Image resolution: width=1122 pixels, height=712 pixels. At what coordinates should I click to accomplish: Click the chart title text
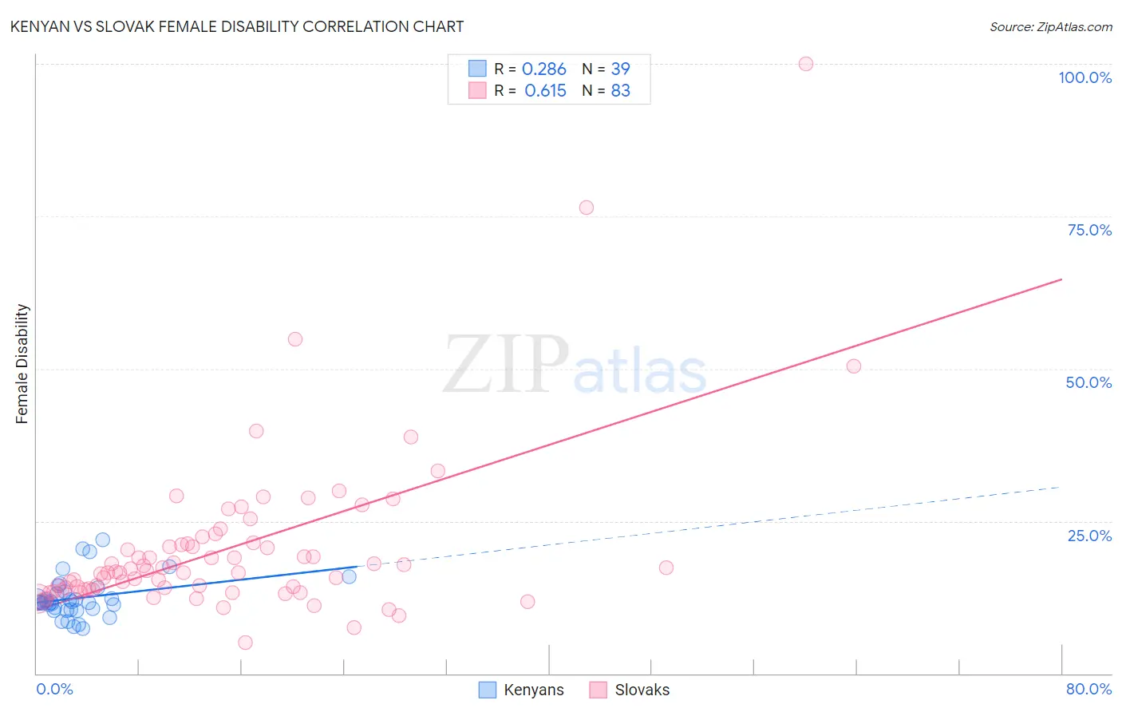point(236,26)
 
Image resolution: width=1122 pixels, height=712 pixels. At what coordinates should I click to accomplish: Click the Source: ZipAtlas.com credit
point(1050,26)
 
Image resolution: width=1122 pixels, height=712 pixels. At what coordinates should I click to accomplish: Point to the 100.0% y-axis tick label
point(1084,77)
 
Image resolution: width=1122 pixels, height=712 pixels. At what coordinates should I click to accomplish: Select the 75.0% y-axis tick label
point(1089,230)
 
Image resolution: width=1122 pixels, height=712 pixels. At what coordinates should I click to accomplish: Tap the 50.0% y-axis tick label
point(1088,382)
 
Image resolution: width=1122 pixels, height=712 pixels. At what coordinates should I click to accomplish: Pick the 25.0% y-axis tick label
point(1089,536)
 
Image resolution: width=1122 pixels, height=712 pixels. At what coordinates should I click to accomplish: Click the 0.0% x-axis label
point(54,689)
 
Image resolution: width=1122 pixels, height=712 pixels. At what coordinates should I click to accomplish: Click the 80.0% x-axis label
point(1088,689)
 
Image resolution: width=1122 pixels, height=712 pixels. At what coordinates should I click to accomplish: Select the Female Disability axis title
point(22,363)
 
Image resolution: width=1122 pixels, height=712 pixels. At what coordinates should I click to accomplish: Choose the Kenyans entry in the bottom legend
point(533,690)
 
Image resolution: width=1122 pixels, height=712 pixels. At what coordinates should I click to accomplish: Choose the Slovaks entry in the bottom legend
point(642,690)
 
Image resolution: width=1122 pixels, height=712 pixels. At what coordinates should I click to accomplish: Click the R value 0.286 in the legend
point(544,69)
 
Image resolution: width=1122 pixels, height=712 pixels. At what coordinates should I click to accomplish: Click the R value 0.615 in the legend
point(545,91)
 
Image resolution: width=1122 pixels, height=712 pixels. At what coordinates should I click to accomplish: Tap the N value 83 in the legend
point(620,91)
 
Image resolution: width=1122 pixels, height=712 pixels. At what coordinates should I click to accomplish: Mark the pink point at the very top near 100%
point(806,64)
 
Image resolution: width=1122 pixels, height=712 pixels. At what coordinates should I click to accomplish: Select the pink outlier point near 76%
point(587,208)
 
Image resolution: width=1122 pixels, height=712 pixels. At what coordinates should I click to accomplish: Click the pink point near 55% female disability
point(295,339)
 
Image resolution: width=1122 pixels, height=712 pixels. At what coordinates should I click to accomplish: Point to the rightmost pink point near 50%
point(854,366)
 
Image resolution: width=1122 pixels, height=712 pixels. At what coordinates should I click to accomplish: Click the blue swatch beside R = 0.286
point(477,69)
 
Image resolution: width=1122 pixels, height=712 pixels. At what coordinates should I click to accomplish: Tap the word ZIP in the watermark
point(505,365)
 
